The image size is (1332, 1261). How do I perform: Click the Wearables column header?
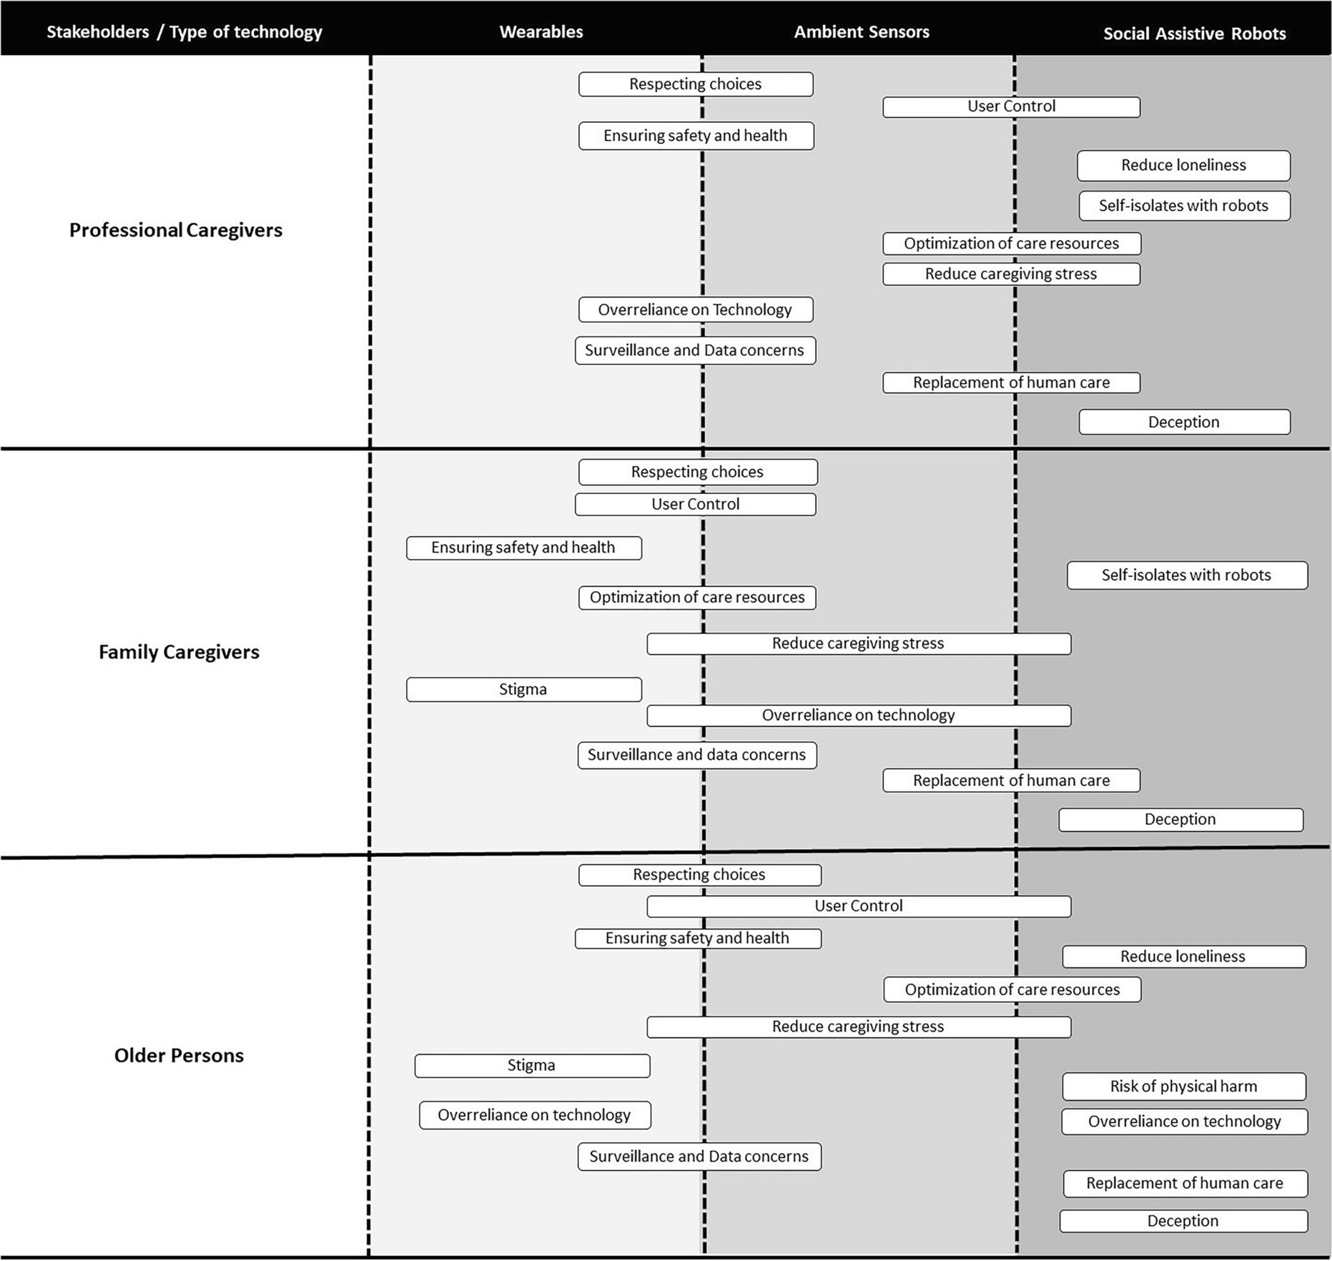click(541, 32)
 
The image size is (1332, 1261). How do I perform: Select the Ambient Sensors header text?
click(861, 32)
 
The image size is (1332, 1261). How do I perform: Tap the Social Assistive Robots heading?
click(1194, 34)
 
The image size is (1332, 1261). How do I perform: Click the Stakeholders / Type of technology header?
click(184, 32)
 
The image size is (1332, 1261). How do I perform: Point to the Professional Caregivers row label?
click(176, 230)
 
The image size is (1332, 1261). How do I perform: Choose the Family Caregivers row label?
click(179, 652)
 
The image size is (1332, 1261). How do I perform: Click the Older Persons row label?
click(179, 1055)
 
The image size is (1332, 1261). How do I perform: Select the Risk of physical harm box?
click(1183, 1087)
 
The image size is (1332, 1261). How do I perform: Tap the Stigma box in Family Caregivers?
click(523, 690)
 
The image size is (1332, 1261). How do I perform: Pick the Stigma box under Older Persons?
click(531, 1065)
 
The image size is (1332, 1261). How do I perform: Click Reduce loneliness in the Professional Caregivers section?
click(1183, 165)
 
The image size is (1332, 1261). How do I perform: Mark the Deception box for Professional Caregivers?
click(1184, 422)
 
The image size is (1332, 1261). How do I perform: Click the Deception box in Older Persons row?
click(1183, 1221)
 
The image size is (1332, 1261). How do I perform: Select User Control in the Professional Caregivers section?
click(1011, 107)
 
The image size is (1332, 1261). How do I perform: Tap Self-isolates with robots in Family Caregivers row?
click(1187, 575)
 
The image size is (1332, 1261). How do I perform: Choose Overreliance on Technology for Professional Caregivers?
click(695, 310)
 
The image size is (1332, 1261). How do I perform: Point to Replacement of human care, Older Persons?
click(1185, 1183)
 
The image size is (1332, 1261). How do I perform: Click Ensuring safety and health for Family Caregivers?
click(523, 548)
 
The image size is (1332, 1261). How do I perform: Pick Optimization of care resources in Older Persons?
click(1012, 989)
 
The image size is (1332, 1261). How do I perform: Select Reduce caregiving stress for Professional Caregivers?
click(1011, 274)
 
